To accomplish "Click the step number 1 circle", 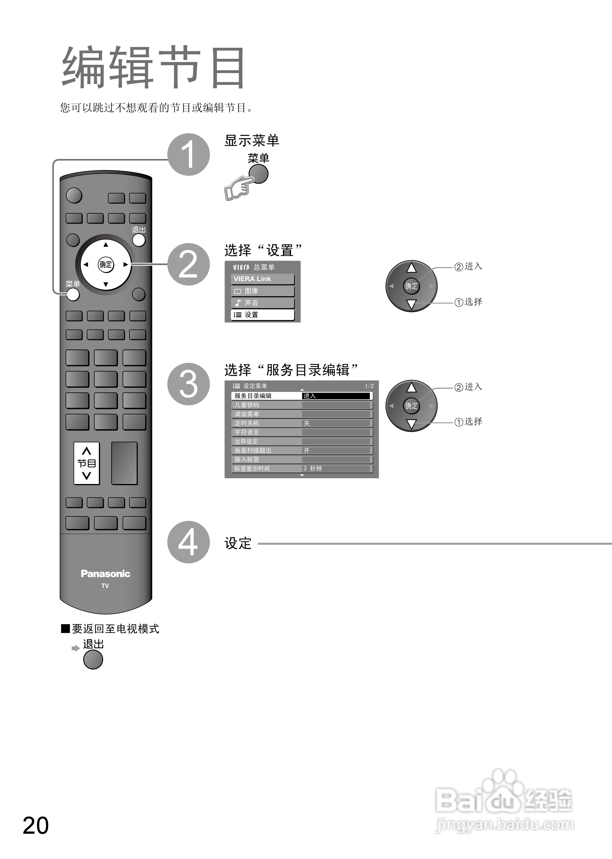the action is tap(188, 154).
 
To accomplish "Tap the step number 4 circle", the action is tap(188, 542).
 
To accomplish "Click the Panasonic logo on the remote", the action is tap(105, 574).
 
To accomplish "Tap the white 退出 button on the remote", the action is tap(139, 240).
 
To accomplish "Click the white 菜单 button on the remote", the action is tap(73, 294).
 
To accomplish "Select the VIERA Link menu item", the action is tap(262, 279).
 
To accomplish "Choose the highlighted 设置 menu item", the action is tap(262, 315).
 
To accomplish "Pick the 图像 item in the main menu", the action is tap(262, 291).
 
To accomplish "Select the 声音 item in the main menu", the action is tap(262, 303).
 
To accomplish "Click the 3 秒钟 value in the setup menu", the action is tap(313, 468).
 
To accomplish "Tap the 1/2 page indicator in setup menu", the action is tap(369, 386).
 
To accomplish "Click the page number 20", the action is tap(36, 825).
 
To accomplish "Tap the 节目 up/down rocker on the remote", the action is tap(87, 463).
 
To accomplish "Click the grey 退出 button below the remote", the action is tap(93, 659).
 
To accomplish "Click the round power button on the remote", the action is tap(74, 195).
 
